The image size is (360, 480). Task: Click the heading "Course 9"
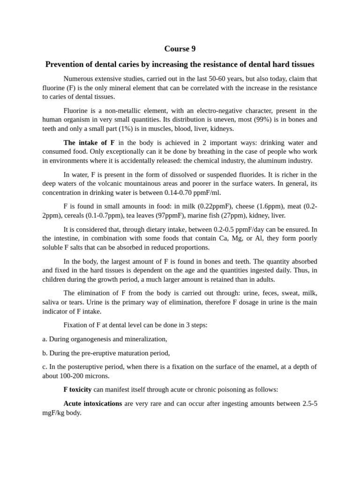[180, 49]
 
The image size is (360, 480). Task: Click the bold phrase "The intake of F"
[89, 142]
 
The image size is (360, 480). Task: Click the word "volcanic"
[124, 183]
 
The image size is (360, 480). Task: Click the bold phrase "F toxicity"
[77, 390]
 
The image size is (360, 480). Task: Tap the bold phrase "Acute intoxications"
[93, 404]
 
